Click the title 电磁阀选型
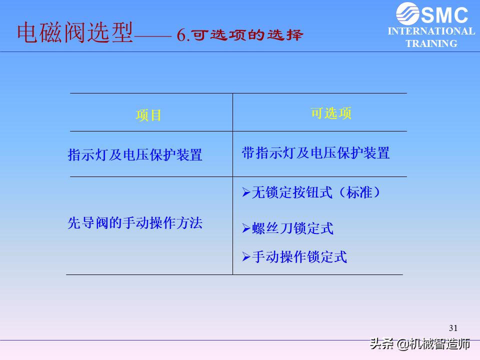click(75, 32)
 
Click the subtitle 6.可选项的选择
click(240, 35)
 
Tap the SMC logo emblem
click(407, 13)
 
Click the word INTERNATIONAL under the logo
click(431, 31)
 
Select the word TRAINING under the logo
click(431, 43)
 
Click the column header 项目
click(148, 115)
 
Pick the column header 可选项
click(331, 113)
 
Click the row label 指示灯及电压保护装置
click(134, 154)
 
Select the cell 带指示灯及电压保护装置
click(315, 153)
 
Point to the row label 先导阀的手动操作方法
click(134, 222)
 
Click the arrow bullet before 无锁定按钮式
click(246, 192)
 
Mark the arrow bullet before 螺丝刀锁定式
click(246, 228)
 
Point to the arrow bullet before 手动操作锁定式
click(246, 257)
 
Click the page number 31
click(453, 328)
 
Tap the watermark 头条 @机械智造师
click(420, 344)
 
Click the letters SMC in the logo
click(444, 14)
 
